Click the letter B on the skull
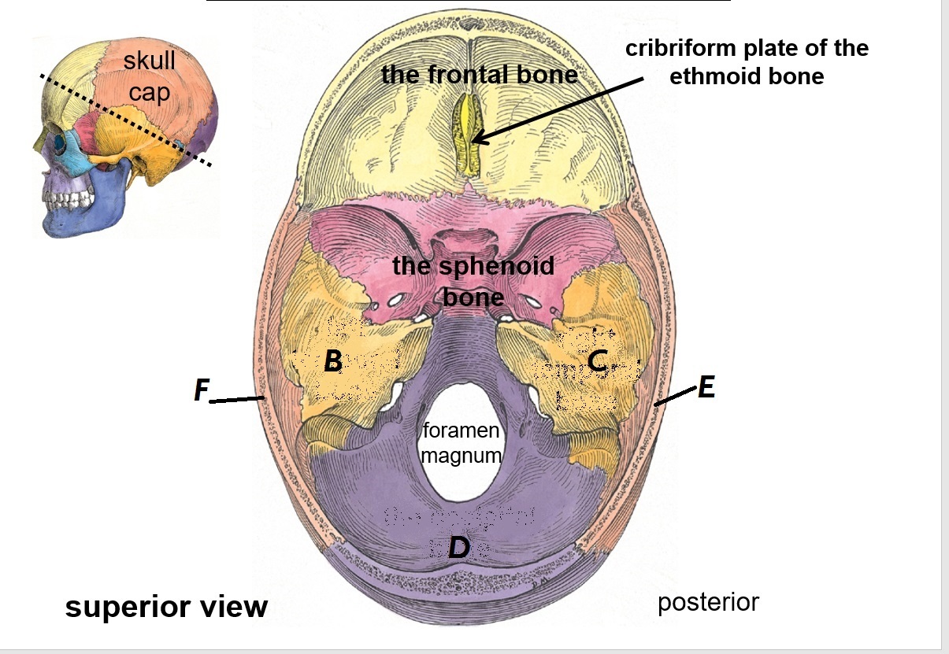[x=333, y=361]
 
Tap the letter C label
[x=597, y=360]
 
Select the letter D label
[x=458, y=547]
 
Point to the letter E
[x=706, y=387]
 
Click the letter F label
[x=202, y=390]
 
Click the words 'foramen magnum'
[x=462, y=442]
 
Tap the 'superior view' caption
[x=166, y=607]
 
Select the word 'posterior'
[x=708, y=602]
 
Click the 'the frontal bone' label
[x=479, y=75]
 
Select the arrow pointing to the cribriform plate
[x=559, y=110]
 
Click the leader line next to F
[x=237, y=400]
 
